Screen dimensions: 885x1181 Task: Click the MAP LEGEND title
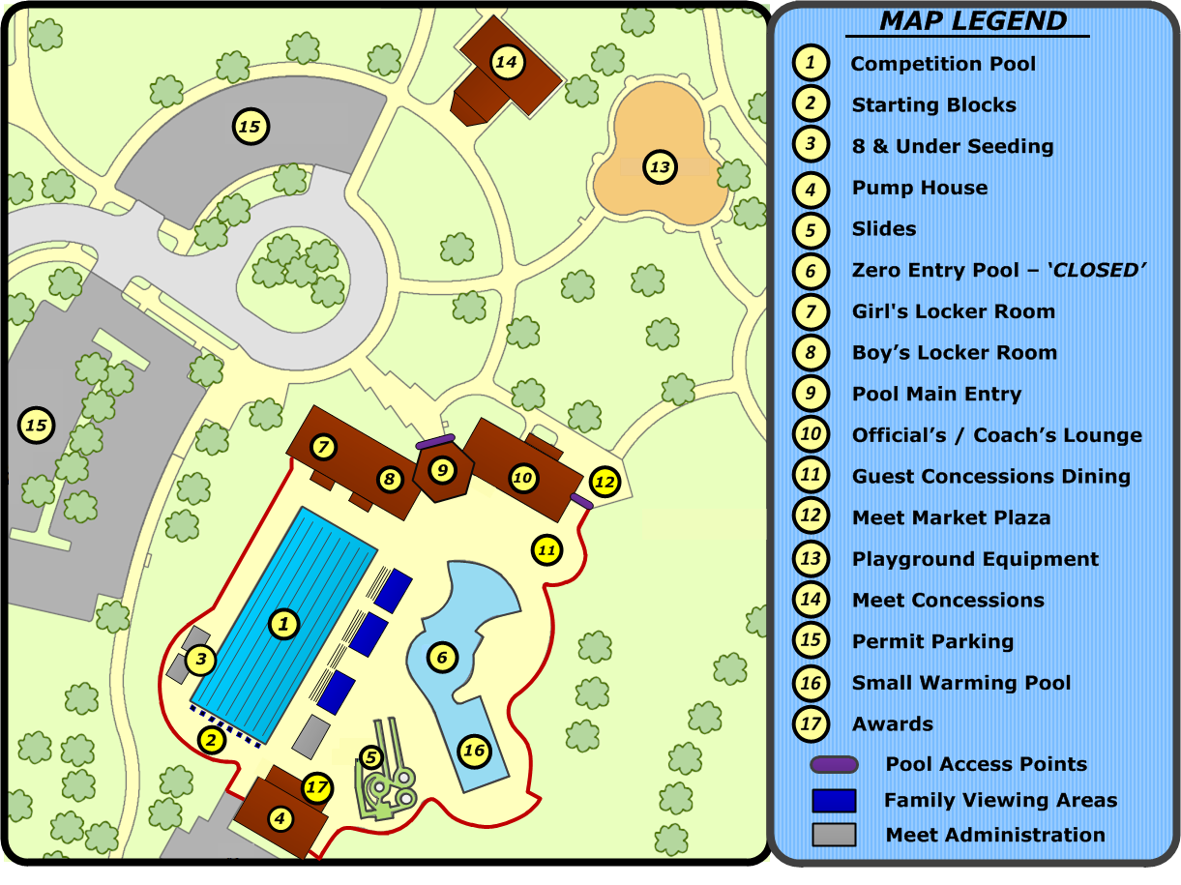click(x=973, y=21)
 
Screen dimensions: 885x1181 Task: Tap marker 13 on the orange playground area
click(x=660, y=167)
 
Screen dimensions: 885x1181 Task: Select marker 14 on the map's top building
click(x=506, y=63)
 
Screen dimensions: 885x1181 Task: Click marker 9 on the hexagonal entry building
click(x=442, y=470)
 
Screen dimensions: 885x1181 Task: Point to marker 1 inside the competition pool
click(x=283, y=624)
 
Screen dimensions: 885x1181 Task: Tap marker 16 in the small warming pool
click(x=473, y=750)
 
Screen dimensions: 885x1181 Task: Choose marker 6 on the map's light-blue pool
click(x=442, y=658)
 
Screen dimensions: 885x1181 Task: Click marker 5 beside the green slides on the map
click(x=371, y=757)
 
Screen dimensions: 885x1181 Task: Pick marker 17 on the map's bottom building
click(x=317, y=787)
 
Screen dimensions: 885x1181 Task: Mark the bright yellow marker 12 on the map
click(x=604, y=481)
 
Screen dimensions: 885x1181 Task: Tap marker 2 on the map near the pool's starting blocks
click(x=212, y=740)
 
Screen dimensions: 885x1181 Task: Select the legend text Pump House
click(x=919, y=188)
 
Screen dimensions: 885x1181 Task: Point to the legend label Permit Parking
click(x=931, y=641)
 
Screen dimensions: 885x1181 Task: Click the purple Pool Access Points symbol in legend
click(x=833, y=765)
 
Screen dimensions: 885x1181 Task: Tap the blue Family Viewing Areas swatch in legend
click(x=834, y=801)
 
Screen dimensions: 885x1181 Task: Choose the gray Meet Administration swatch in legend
click(x=834, y=834)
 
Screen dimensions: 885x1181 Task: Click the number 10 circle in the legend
click(x=811, y=435)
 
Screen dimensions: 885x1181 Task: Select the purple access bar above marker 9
click(x=435, y=442)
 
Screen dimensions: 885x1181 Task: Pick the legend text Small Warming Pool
click(x=960, y=683)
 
